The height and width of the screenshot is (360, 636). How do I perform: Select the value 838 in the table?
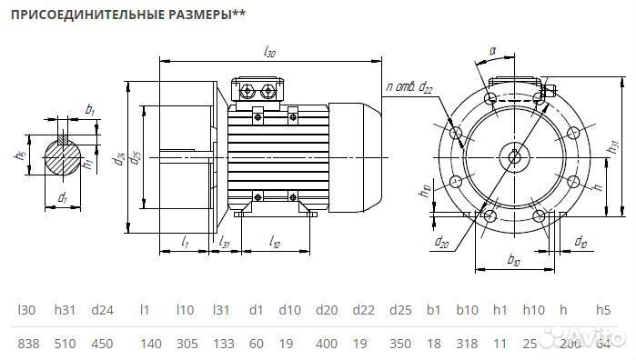coord(29,344)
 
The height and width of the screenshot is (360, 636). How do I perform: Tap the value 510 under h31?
coord(66,344)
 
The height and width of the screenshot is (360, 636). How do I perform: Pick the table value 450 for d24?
coord(102,344)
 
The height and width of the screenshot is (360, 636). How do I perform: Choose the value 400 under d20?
coord(325,344)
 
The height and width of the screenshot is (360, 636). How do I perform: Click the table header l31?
coord(220,311)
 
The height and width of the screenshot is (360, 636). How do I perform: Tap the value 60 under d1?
coord(256,344)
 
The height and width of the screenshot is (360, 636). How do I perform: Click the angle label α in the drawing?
coord(491,52)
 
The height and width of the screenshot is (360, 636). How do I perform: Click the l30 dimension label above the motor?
coord(269,53)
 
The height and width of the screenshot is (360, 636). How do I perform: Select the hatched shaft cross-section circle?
coord(63,156)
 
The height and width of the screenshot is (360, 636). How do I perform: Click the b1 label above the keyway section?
coord(89,110)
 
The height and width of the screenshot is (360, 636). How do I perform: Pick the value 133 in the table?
coord(222,344)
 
